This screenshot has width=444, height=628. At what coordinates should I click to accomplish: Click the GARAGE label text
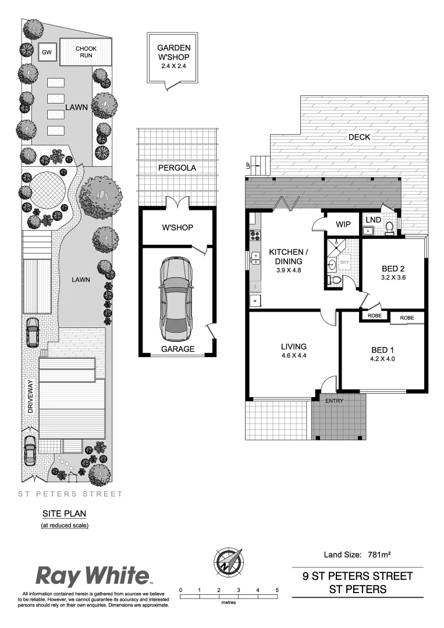point(177,349)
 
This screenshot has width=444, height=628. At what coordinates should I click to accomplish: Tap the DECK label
point(359,137)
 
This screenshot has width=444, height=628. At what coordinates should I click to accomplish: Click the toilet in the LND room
point(390,227)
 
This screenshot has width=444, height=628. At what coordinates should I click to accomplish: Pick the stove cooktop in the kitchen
point(255,235)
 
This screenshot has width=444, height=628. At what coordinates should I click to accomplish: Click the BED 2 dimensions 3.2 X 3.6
point(393,279)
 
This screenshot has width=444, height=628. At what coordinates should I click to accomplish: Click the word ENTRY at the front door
point(335,401)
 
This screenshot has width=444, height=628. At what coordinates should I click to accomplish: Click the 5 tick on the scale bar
point(277,590)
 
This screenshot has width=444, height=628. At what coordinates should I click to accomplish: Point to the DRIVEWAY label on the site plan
point(32,397)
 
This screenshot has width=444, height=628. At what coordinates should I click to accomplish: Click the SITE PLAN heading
point(64,514)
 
